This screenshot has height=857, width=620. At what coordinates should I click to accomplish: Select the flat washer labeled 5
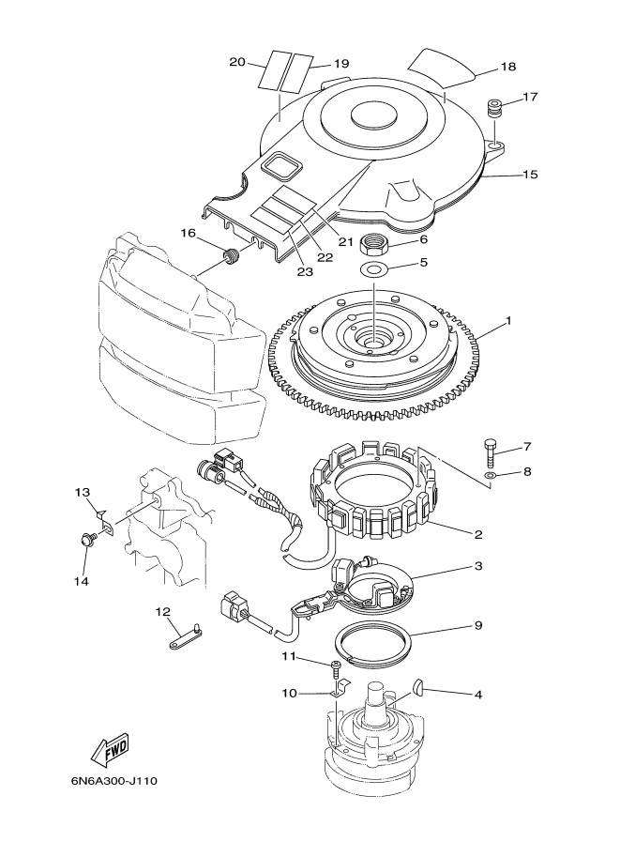[x=373, y=268]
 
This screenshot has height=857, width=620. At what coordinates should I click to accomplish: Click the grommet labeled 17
[x=494, y=106]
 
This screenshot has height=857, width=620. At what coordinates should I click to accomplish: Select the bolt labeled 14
[x=87, y=540]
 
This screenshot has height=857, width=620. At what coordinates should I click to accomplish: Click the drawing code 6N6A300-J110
[x=114, y=780]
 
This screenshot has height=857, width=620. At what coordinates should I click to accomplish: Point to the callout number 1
[x=508, y=321]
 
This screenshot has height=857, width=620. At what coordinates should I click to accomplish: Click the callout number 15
[x=530, y=175]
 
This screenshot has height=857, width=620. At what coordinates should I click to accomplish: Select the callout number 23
[x=305, y=271]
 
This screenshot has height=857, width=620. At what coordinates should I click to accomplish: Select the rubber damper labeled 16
[x=233, y=255]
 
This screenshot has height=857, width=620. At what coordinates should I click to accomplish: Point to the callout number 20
[x=237, y=62]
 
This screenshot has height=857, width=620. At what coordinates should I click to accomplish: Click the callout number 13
[x=83, y=493]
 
